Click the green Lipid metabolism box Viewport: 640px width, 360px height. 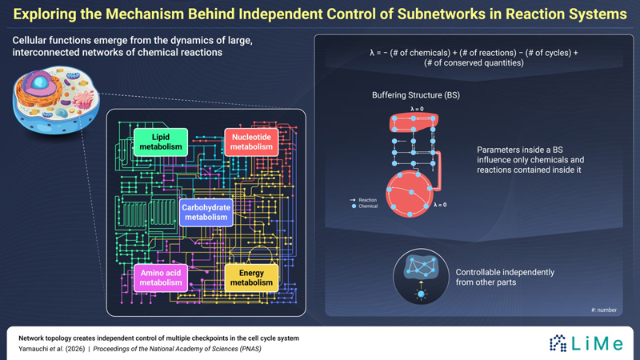[x=161, y=142]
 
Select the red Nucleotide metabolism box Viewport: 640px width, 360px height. [x=251, y=142]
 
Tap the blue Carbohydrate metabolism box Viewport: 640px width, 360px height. [x=206, y=212]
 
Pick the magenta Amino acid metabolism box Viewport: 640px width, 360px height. [x=161, y=278]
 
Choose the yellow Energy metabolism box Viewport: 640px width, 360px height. [x=251, y=278]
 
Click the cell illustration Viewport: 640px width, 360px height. [x=56, y=100]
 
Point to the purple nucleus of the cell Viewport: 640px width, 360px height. [x=38, y=83]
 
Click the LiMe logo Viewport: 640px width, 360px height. [x=586, y=343]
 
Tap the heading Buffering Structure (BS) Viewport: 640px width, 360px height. [x=416, y=95]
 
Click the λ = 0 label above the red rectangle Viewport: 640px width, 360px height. [x=417, y=109]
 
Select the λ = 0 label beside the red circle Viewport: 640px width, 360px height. [x=440, y=205]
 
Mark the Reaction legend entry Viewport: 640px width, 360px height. [x=363, y=200]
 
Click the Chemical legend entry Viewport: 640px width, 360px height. [x=365, y=206]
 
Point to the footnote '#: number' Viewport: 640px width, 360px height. [x=604, y=310]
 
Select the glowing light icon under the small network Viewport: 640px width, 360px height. [x=421, y=294]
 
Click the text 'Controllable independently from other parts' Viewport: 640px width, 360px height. [x=505, y=277]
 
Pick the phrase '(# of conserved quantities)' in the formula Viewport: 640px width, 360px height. [x=474, y=63]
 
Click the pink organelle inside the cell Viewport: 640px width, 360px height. [x=83, y=100]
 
